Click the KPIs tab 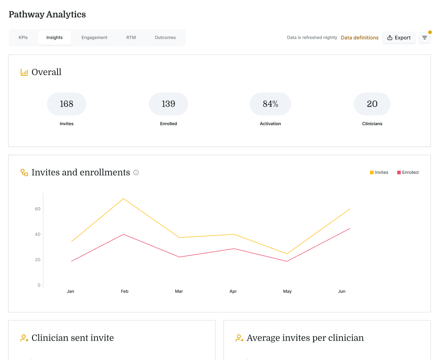(23, 38)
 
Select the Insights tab (54, 38)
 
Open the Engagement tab (94, 38)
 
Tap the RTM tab (131, 38)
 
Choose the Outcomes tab (165, 38)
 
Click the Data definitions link (359, 38)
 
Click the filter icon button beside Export (425, 38)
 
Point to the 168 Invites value (66, 104)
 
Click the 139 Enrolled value (168, 104)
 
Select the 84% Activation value (270, 104)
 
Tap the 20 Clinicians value (372, 104)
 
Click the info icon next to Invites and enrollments (136, 173)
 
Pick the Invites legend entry (379, 173)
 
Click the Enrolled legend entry (408, 173)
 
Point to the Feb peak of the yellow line (124, 199)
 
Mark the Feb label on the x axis (124, 291)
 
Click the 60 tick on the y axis (37, 209)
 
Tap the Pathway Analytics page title (47, 15)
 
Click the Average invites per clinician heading (304, 338)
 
